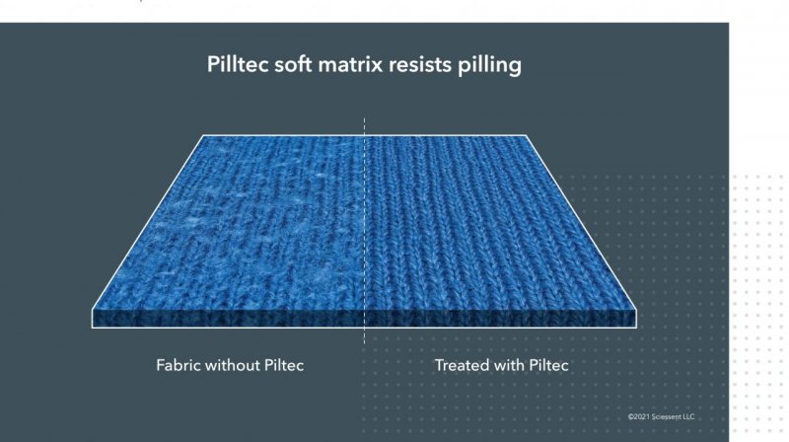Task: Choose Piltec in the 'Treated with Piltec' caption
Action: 549,365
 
